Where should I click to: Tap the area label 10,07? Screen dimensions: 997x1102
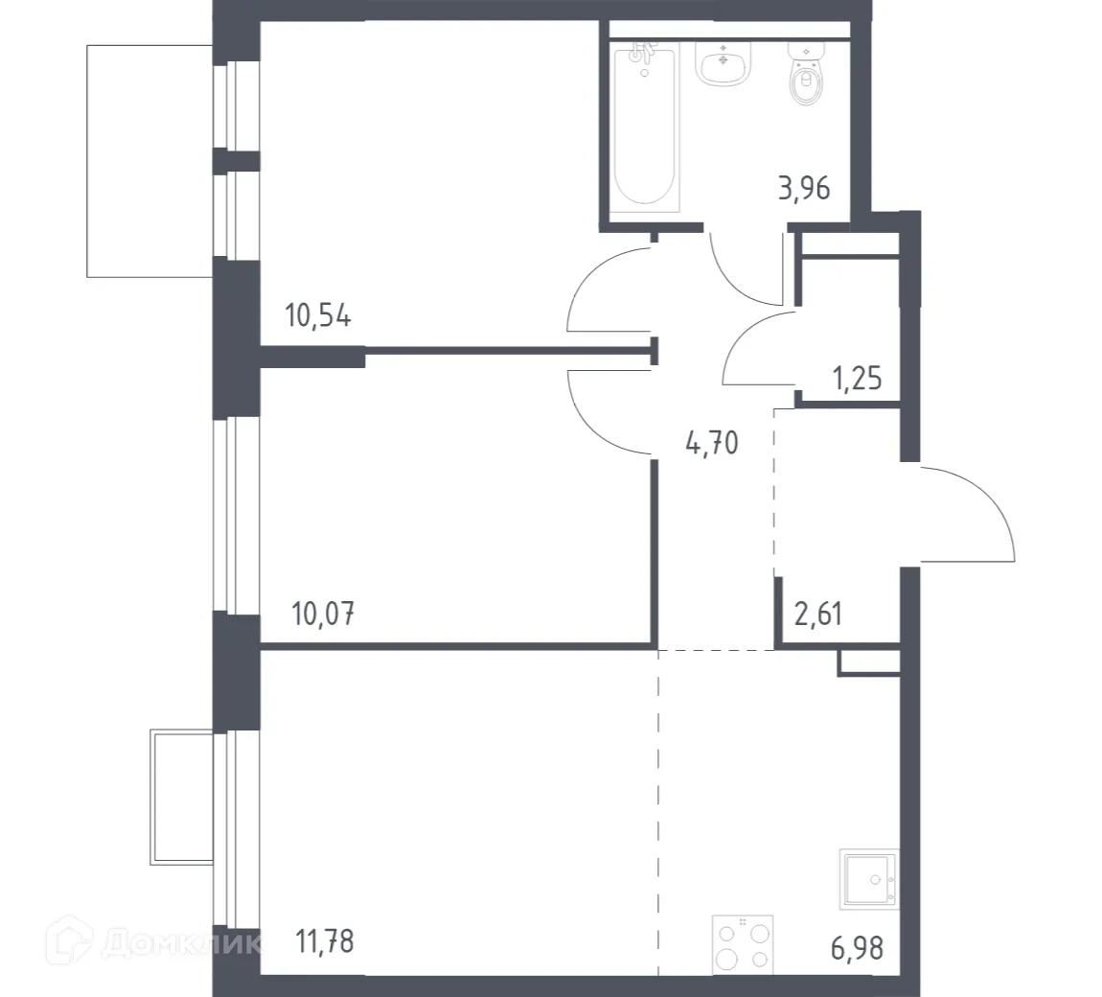[322, 612]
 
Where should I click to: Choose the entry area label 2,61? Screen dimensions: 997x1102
[818, 612]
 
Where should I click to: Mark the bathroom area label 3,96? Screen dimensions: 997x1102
[802, 187]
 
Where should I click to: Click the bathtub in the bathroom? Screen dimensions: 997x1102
[644, 125]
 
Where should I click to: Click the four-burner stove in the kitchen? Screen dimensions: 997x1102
[743, 944]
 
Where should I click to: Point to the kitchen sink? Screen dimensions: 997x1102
[868, 878]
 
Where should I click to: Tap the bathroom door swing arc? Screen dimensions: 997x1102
[743, 268]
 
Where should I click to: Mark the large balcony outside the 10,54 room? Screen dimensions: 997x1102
[149, 160]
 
